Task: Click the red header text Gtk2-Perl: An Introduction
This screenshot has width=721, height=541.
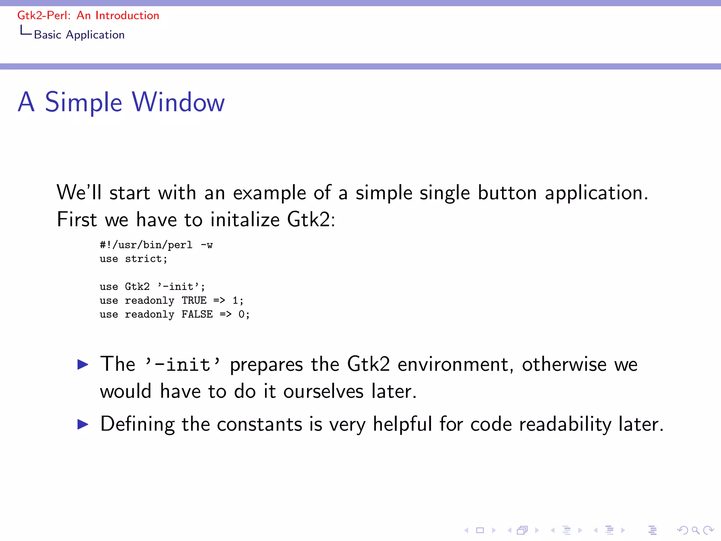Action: tap(88, 15)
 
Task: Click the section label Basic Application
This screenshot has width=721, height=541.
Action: tap(79, 35)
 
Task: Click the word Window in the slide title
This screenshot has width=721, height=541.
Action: tap(178, 102)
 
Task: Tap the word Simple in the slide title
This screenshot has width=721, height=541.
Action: tap(83, 102)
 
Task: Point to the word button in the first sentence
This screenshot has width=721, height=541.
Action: tap(507, 193)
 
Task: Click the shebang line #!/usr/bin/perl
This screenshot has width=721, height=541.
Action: tap(146, 245)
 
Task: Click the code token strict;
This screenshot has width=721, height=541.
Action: tap(146, 259)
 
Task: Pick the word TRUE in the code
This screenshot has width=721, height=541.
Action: tap(194, 300)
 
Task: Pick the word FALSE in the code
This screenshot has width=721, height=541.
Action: tap(197, 314)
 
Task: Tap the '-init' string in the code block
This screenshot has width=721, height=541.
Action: tap(181, 286)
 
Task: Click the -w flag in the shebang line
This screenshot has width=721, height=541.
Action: tap(207, 245)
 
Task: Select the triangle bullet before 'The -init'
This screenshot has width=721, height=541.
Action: tap(83, 364)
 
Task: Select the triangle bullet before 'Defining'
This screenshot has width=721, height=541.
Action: tap(83, 424)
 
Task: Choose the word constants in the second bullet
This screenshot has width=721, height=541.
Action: tap(259, 424)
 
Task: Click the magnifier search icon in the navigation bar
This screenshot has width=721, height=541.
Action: tap(695, 530)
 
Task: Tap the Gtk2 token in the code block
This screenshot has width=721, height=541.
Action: tap(137, 286)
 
